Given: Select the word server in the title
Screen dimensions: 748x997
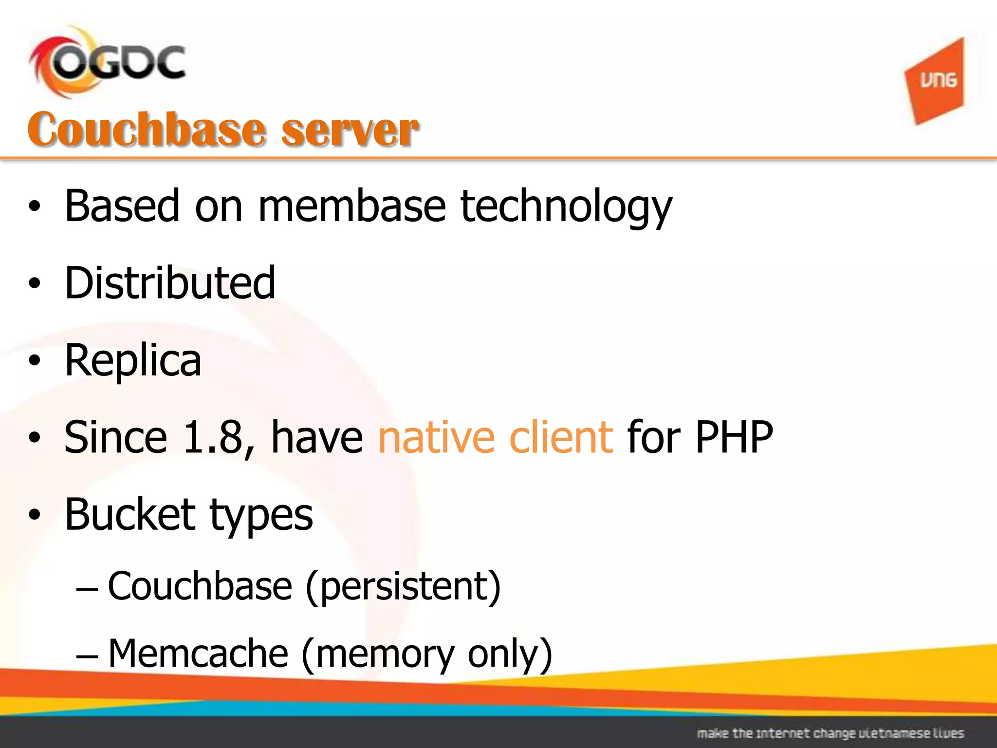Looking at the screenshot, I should [350, 131].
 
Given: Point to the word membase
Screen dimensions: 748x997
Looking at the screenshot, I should [351, 206].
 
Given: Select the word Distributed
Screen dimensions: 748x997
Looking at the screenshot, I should [170, 283].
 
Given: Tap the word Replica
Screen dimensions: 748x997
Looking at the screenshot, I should [133, 361].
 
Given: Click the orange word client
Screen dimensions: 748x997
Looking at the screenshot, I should [561, 437].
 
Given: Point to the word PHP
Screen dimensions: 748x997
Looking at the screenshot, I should [734, 437].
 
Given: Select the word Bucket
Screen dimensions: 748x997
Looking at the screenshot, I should [130, 515].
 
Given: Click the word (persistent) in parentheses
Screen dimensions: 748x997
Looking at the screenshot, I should [403, 587].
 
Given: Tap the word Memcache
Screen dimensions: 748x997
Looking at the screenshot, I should [198, 654].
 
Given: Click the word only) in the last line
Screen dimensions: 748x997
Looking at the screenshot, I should [510, 654].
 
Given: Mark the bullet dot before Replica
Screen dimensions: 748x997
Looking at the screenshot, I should [34, 361].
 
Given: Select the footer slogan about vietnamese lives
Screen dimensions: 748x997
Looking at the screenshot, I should [830, 733].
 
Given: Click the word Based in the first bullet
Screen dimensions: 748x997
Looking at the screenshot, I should [122, 206].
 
